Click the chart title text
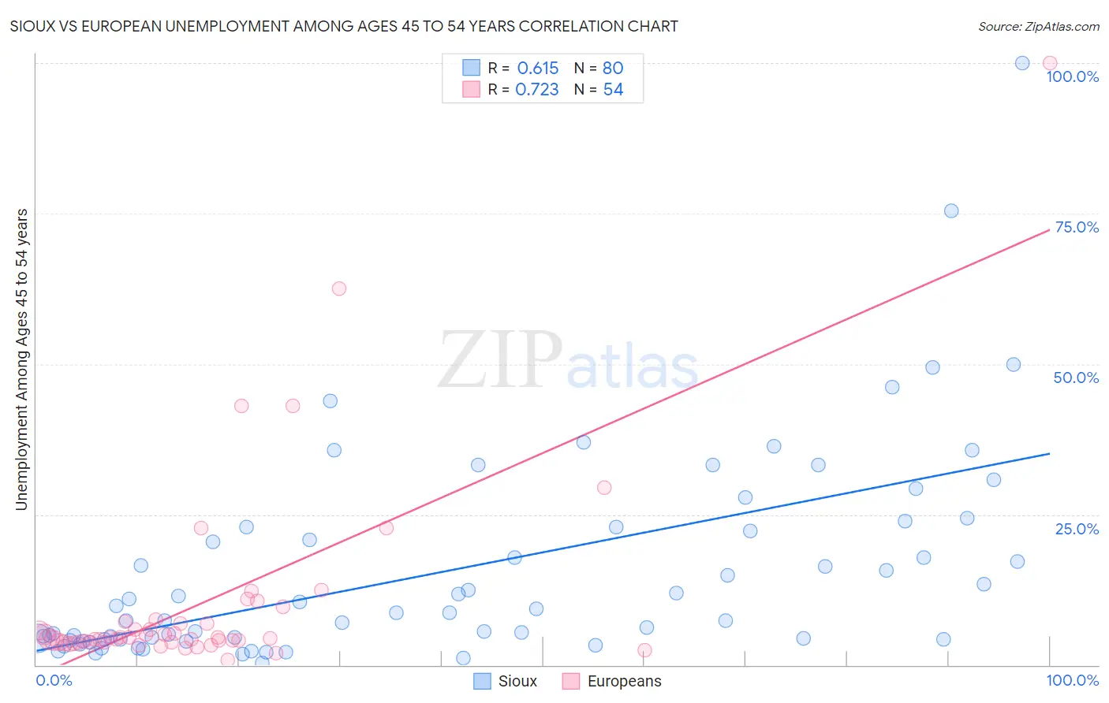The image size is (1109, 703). point(344,26)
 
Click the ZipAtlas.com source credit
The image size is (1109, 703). point(1038,26)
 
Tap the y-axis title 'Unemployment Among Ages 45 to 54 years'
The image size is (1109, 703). point(22,359)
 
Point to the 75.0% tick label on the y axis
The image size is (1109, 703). point(1076,227)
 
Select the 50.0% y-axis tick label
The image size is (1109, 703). point(1076,378)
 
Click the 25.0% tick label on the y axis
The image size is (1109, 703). point(1076,529)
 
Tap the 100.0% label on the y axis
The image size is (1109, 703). point(1072,76)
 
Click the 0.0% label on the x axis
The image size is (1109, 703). point(54,680)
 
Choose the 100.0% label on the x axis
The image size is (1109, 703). point(1072,680)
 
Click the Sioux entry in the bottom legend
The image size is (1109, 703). point(506,681)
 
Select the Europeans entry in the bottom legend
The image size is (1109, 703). point(612,681)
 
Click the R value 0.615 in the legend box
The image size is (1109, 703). point(537,69)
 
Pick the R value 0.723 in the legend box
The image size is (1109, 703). point(537,90)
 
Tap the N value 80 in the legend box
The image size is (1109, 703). point(613,69)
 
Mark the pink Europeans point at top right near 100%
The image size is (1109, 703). point(1049,63)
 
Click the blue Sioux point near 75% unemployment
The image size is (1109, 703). point(951,210)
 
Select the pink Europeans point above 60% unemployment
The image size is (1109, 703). point(339,288)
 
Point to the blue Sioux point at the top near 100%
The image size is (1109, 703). point(1022,63)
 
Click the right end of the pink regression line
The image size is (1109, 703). point(1049,229)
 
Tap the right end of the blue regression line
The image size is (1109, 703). point(1049,453)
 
